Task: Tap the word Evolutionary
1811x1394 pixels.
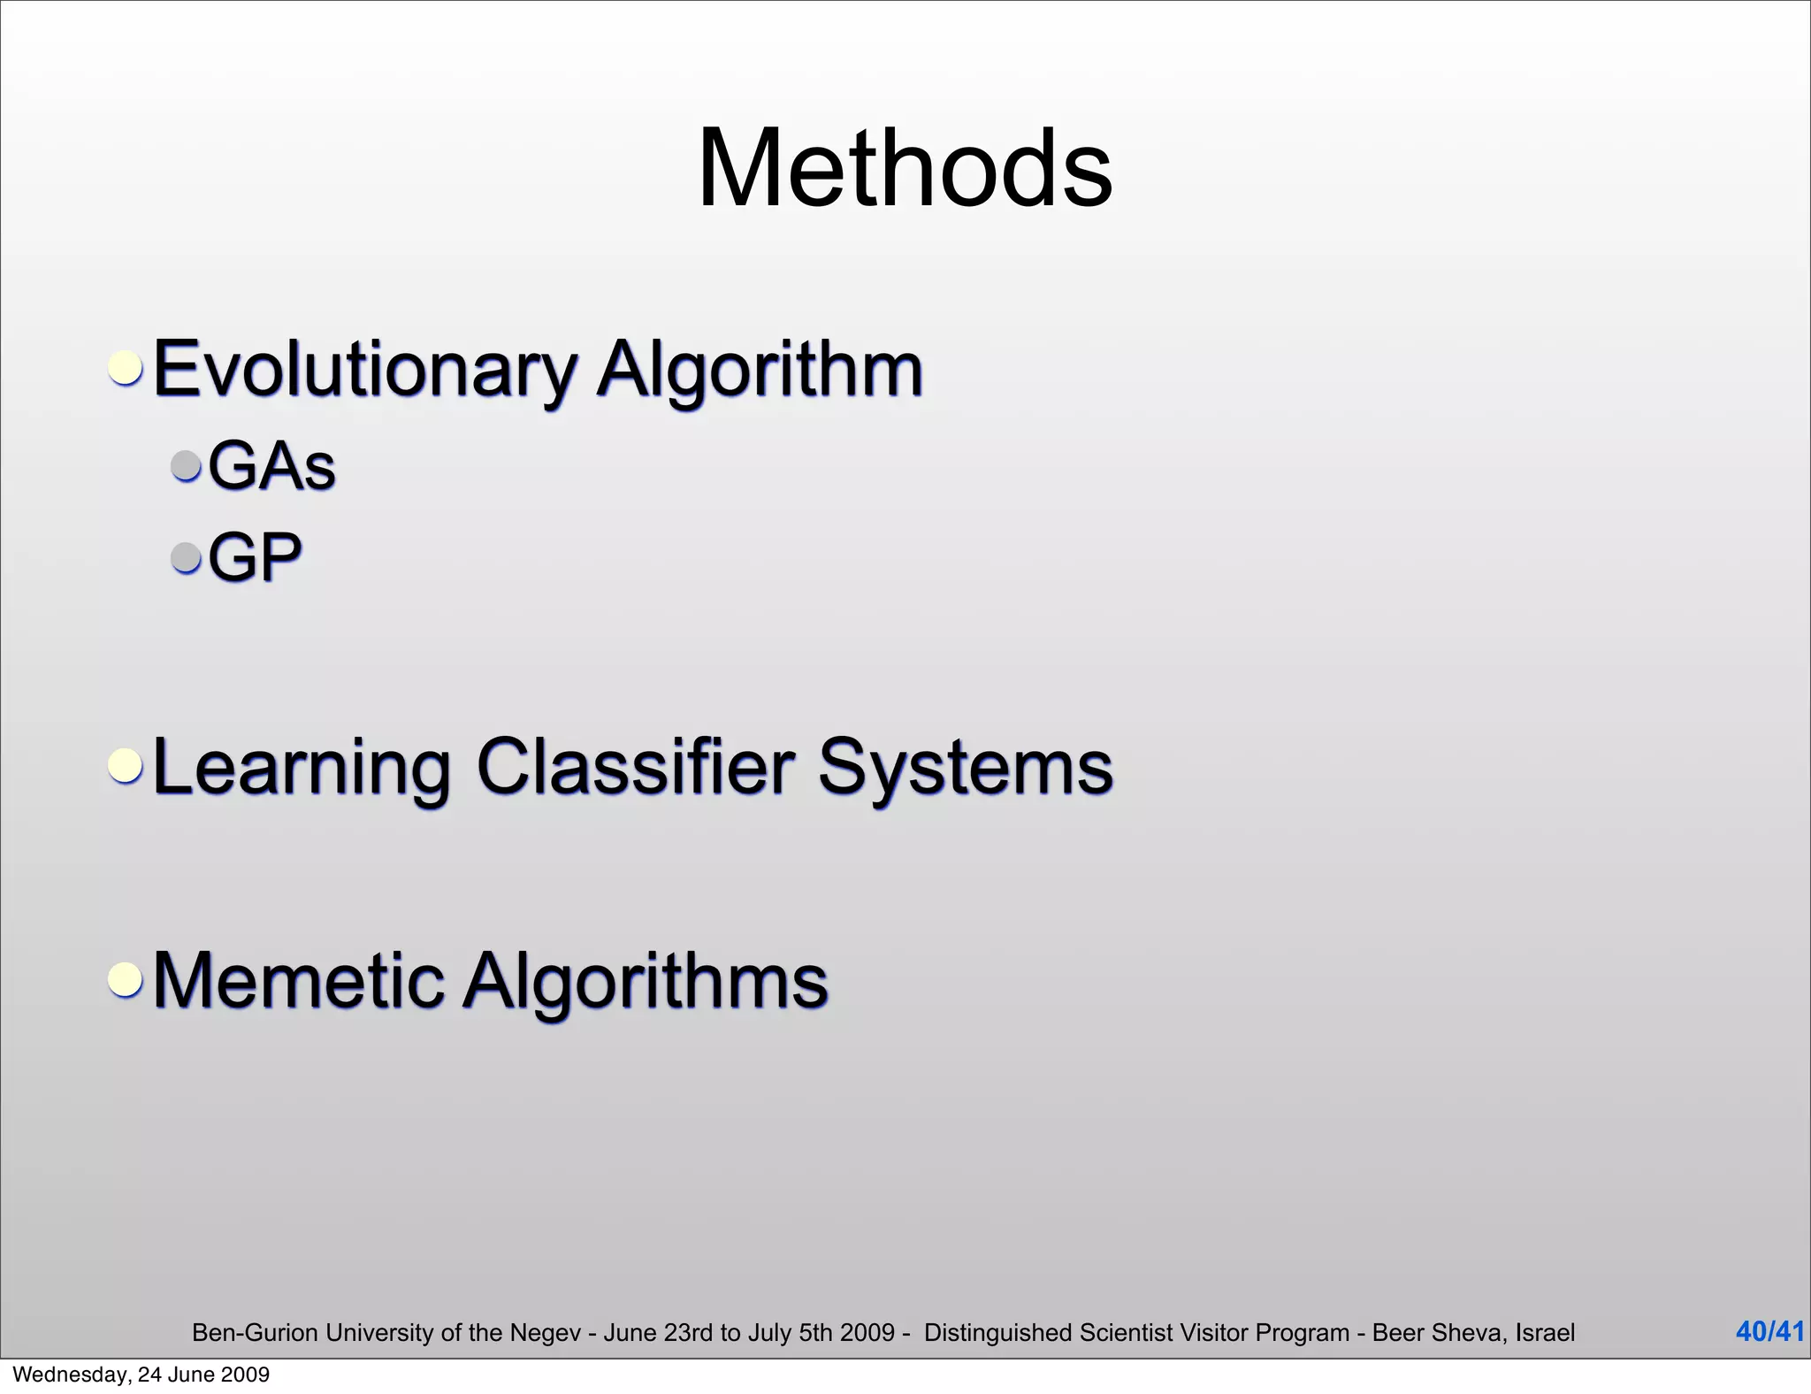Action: click(364, 370)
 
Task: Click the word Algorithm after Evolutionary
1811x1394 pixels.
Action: click(760, 370)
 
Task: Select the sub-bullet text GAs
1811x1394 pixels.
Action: click(271, 465)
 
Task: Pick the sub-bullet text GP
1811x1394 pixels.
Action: click(255, 557)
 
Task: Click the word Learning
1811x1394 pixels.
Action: click(301, 767)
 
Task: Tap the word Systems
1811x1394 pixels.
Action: click(965, 767)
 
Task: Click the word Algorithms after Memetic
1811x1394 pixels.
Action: click(646, 982)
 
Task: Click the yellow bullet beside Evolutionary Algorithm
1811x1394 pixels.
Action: click(126, 366)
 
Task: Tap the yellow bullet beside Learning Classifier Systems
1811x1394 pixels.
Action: click(126, 765)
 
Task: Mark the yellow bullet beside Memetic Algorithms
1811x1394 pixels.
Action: click(126, 979)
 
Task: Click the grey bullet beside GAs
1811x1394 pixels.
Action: click(187, 465)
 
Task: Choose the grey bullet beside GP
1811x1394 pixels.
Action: click(187, 557)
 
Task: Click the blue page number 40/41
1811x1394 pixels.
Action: click(1769, 1331)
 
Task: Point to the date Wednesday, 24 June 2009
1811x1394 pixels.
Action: click(141, 1375)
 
